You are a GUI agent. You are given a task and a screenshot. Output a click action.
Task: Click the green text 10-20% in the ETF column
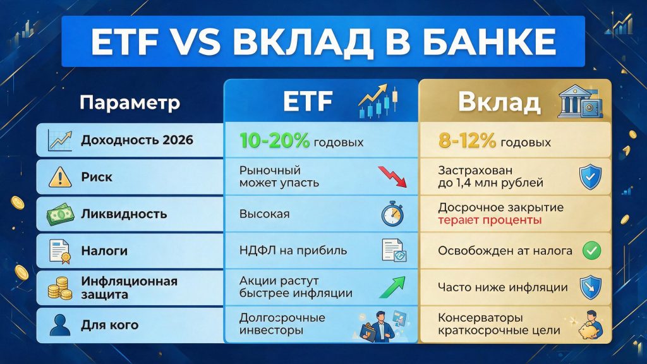coord(274,141)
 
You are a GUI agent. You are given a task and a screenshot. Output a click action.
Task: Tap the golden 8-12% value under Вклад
coord(467,141)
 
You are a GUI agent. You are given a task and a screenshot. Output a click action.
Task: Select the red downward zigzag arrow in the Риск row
coord(392,177)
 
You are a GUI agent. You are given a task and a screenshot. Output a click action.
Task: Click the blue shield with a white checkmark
coord(591,177)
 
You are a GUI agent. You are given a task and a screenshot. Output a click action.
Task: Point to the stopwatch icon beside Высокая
coord(392,214)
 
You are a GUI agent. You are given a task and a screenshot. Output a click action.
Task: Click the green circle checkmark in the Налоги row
coord(591,250)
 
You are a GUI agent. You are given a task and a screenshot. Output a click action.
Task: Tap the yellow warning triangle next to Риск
coord(60,178)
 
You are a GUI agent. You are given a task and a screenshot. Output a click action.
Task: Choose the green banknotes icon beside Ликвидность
coord(60,215)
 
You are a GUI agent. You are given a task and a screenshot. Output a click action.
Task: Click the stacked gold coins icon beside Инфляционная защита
coord(60,288)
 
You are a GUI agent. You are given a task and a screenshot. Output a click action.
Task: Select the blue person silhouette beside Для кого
coord(60,325)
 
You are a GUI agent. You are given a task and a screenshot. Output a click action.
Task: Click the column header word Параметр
coord(130,102)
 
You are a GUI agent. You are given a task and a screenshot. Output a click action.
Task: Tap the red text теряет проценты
coord(490,220)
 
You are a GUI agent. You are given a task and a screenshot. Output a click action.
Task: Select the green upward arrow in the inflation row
coord(392,288)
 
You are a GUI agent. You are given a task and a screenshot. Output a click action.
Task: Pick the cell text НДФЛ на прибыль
coord(293,250)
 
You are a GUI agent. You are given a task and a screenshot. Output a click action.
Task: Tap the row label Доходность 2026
coord(137,140)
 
